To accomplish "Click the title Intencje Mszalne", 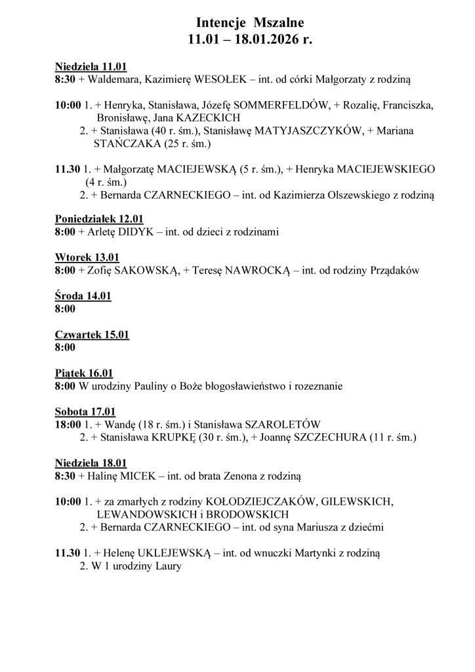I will point(237,23).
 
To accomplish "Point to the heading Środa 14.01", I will point(82,295).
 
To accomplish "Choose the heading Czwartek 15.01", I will point(91,334).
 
